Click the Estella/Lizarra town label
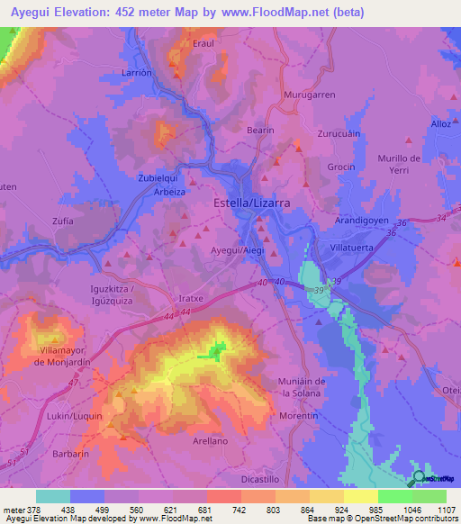(251, 203)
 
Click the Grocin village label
(340, 167)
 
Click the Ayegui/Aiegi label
(237, 249)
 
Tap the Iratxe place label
(193, 296)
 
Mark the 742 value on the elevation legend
(240, 510)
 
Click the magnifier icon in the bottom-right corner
(418, 479)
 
